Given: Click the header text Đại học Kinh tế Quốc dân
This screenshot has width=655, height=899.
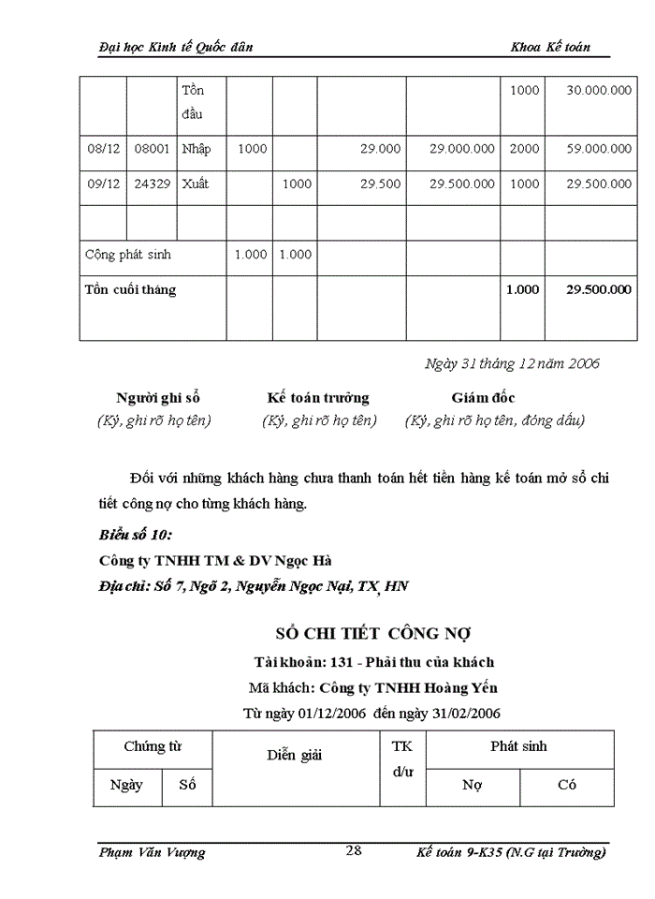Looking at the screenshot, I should pyautogui.click(x=175, y=47).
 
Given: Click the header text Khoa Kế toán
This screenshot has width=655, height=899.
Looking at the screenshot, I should pyautogui.click(x=550, y=47).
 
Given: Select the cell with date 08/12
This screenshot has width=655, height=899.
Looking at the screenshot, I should pyautogui.click(x=103, y=149).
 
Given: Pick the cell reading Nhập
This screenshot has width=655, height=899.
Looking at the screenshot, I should pyautogui.click(x=196, y=149).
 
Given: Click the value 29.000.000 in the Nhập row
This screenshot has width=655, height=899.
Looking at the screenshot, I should pyautogui.click(x=462, y=149).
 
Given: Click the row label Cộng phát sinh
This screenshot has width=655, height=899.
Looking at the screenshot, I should pyautogui.click(x=128, y=255).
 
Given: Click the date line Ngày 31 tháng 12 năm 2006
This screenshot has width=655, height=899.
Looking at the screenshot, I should pyautogui.click(x=512, y=363).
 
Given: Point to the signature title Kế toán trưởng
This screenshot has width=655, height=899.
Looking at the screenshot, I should pyautogui.click(x=318, y=398).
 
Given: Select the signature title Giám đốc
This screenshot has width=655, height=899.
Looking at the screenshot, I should pyautogui.click(x=483, y=398).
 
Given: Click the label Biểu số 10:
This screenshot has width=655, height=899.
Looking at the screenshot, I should pyautogui.click(x=136, y=536).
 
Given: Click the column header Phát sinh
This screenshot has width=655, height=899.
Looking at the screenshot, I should pyautogui.click(x=518, y=746).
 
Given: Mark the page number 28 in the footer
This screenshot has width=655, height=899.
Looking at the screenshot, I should pyautogui.click(x=354, y=850).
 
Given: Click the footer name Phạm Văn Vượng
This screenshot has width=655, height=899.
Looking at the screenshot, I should pyautogui.click(x=152, y=852).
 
